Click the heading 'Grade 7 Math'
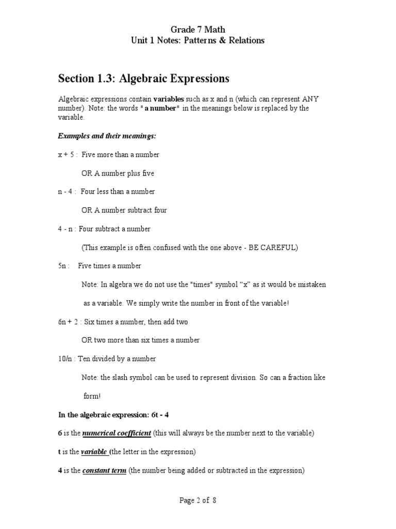coord(198,30)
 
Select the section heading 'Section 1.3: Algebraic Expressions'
coord(143,79)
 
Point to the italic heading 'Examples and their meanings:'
coord(107,135)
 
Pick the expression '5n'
coord(63,266)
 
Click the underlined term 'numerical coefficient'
coord(117,433)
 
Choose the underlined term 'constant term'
coord(104,471)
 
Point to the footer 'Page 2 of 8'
coord(198,501)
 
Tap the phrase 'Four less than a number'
coord(118,192)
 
